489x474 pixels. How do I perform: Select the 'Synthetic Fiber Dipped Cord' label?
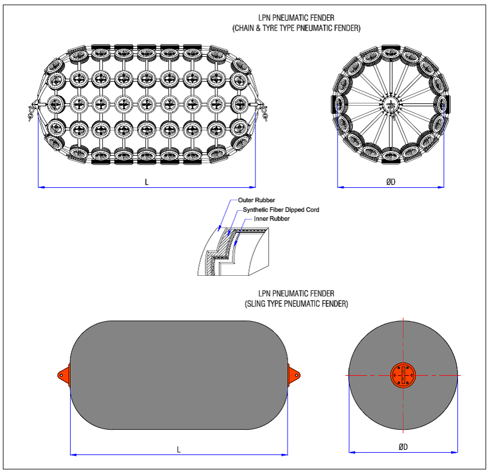281,210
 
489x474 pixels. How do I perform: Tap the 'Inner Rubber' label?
271,218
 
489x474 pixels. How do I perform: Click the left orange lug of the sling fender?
63,375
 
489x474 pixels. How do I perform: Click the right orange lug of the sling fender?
294,375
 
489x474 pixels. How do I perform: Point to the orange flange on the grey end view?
403,375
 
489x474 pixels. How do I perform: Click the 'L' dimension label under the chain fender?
146,182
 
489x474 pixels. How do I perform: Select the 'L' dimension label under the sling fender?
178,449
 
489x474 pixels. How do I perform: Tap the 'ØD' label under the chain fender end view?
391,182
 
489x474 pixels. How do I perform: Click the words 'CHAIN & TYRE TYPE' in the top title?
270,27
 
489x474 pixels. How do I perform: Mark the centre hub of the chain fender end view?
391,105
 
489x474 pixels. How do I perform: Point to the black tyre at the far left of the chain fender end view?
335,104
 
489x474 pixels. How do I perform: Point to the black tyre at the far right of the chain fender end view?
446,104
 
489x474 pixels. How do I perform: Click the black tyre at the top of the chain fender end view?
391,47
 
